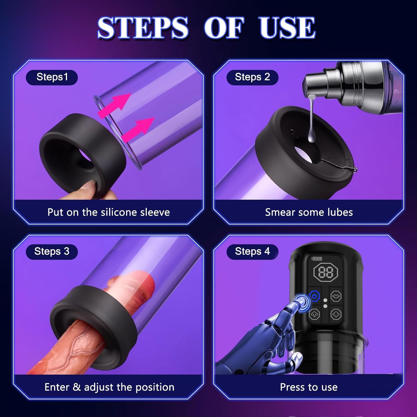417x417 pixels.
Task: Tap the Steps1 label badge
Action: pyautogui.click(x=52, y=77)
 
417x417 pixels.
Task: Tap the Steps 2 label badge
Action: pyautogui.click(x=252, y=77)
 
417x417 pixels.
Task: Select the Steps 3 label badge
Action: pyautogui.click(x=52, y=252)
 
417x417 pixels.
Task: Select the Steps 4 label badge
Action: pyautogui.click(x=252, y=252)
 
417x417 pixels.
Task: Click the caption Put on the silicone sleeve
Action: pyautogui.click(x=108, y=212)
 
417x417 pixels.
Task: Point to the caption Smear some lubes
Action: pyautogui.click(x=309, y=212)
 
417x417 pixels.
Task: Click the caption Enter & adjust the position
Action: pyautogui.click(x=109, y=387)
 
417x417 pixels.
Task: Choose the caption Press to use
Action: pyautogui.click(x=309, y=387)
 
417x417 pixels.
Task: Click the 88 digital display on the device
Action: pyautogui.click(x=326, y=272)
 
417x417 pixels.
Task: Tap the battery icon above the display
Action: pyautogui.click(x=317, y=259)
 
